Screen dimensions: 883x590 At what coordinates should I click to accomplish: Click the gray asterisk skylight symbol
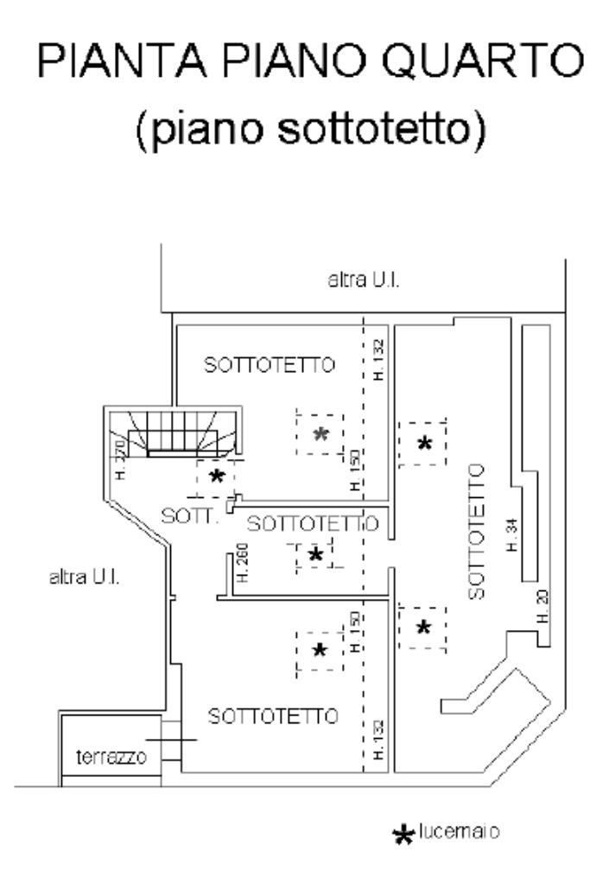point(322,433)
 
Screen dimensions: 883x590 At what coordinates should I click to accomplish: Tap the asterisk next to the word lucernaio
point(403,834)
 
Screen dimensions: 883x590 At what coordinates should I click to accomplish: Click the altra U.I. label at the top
point(362,281)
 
